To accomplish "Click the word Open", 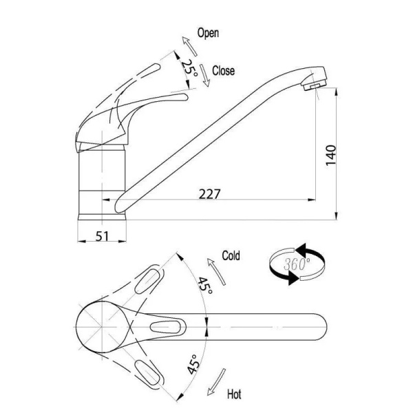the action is click(x=208, y=33).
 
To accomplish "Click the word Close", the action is click(x=223, y=71).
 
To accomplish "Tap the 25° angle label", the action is click(x=189, y=68).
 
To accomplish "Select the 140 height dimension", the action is click(x=331, y=155).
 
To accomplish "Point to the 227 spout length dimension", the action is click(x=209, y=194).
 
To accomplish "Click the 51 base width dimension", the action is click(x=102, y=236).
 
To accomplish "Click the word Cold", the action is click(x=231, y=255).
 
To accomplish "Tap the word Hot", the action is click(x=234, y=394).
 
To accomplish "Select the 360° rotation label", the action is click(x=297, y=264).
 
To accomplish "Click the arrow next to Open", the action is click(x=190, y=46).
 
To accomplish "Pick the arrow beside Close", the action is click(x=204, y=75).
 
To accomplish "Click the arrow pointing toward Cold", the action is click(x=216, y=272).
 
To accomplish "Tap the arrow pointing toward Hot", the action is click(x=216, y=381).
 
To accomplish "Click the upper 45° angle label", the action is click(x=205, y=286).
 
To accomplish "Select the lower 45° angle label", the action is click(x=193, y=364).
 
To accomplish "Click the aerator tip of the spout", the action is click(x=315, y=85).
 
